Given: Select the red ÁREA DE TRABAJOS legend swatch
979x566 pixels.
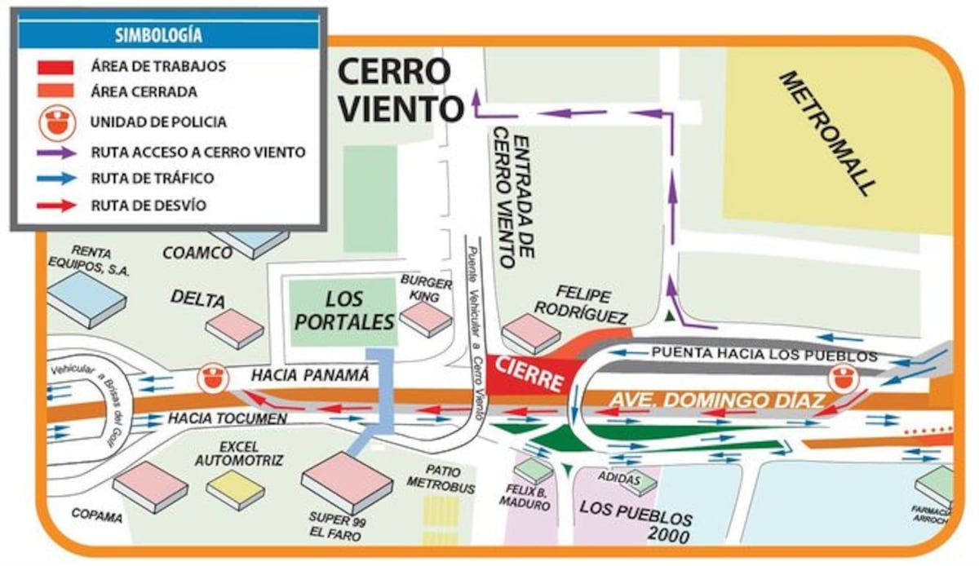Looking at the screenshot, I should point(55,66).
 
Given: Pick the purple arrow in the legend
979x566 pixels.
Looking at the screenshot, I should point(55,152).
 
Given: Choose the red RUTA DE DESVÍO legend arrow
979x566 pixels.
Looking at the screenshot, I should point(55,205).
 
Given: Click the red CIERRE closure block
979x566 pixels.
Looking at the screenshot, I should point(531,374).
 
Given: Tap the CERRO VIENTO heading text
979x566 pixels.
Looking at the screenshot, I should point(394,89).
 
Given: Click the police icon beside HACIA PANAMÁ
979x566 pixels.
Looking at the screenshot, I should point(211,376).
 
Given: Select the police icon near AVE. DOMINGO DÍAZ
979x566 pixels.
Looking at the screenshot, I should point(842,378).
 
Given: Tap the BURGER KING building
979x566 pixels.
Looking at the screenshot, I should point(425,317).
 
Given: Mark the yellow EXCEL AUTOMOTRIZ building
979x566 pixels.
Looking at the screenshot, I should point(235,489).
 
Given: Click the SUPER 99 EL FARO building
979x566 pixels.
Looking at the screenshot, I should point(347,480).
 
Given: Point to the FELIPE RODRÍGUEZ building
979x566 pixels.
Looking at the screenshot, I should point(530,333).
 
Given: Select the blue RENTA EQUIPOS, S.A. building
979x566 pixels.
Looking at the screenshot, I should point(86,298).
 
